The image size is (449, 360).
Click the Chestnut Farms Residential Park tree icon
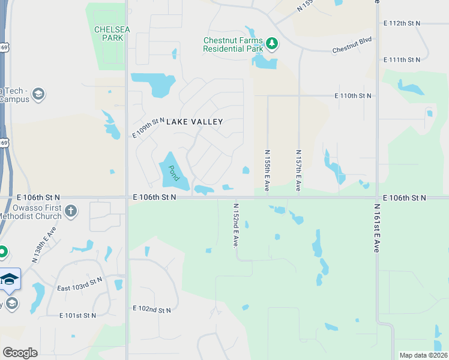[x=272, y=43]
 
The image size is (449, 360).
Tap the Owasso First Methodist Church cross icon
[x=71, y=211]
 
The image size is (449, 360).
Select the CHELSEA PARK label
[x=109, y=34]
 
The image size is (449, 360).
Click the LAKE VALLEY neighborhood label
[x=194, y=122]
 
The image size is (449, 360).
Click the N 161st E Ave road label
[x=376, y=227]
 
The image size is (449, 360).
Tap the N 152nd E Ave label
[x=236, y=225]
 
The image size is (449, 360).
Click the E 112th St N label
[x=402, y=23]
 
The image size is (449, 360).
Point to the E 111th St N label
[x=402, y=60]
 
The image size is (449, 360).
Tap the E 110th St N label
[x=354, y=96]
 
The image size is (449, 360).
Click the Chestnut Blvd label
[x=352, y=45]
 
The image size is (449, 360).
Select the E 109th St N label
[x=148, y=128]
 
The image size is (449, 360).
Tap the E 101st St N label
[x=78, y=316]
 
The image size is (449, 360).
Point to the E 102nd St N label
[x=152, y=310]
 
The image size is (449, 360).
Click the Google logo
[x=20, y=352]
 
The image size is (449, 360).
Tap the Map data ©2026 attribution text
[x=423, y=355]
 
